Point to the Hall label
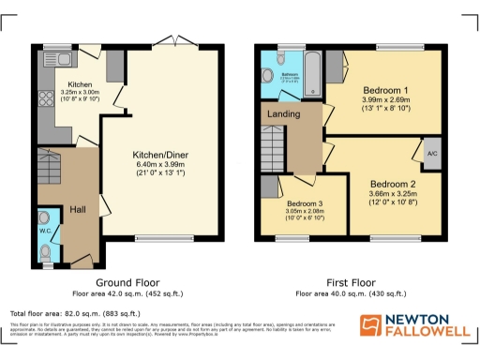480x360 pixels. click(79, 210)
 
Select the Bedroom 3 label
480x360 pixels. click(306, 203)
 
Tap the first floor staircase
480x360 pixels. click(272, 150)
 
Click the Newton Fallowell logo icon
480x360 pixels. click(371, 324)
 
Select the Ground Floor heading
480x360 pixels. click(127, 281)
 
